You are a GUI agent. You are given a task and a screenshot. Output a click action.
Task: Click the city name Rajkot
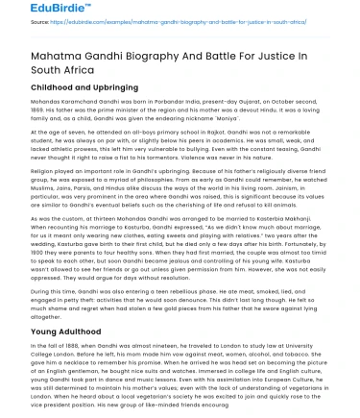tap(207, 156)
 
